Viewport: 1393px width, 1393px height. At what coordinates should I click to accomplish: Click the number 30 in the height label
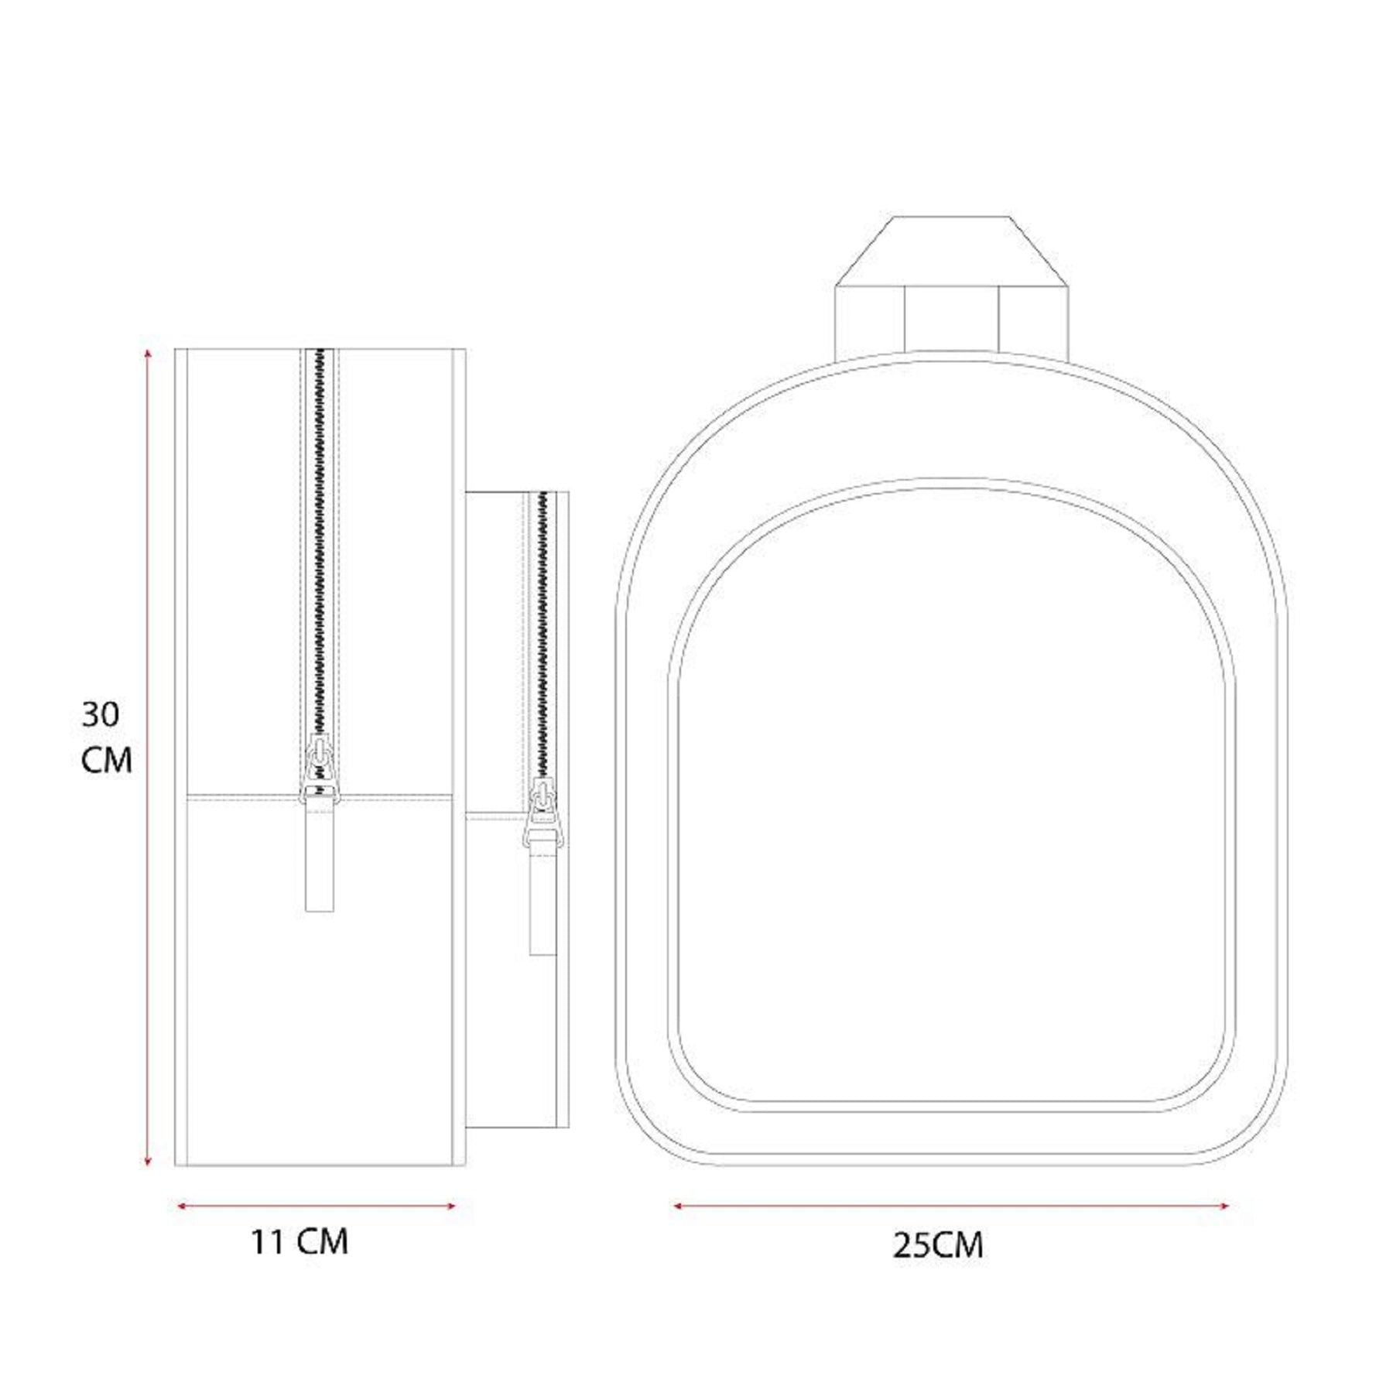(101, 714)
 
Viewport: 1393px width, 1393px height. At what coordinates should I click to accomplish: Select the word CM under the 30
(107, 760)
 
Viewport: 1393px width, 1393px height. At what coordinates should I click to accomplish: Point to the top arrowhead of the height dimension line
(148, 353)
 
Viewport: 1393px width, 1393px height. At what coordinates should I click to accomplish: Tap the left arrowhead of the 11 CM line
(183, 1205)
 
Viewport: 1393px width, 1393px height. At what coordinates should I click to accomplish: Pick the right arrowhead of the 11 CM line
(450, 1205)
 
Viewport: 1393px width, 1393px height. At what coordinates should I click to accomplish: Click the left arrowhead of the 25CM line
(678, 1205)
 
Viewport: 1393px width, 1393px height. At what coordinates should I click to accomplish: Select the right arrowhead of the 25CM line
(1223, 1205)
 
